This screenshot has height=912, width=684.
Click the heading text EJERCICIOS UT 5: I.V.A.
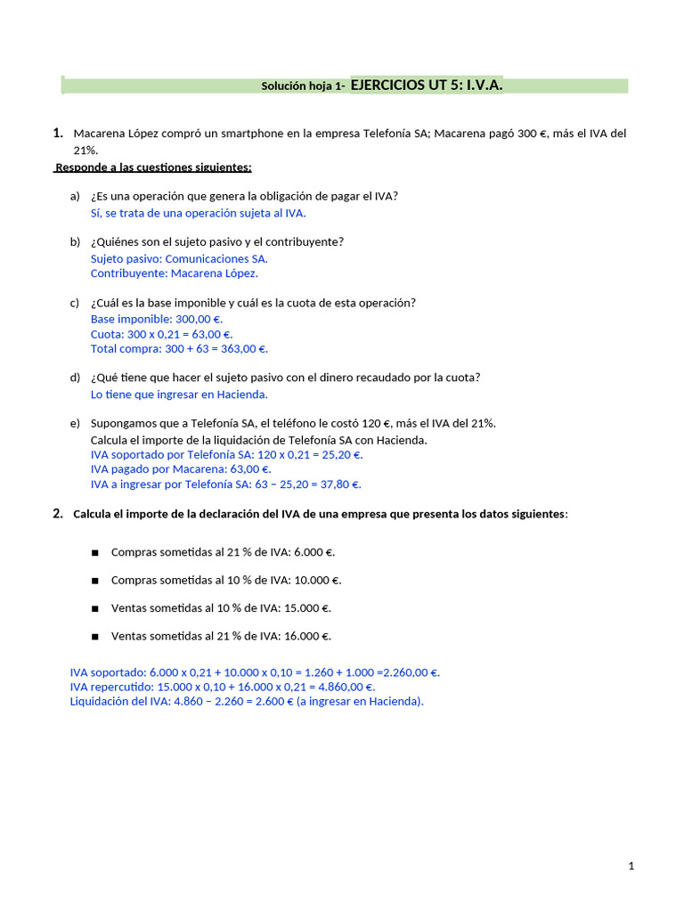pyautogui.click(x=427, y=85)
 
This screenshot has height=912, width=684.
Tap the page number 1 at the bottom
pyautogui.click(x=631, y=866)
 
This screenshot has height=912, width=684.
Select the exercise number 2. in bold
pyautogui.click(x=58, y=513)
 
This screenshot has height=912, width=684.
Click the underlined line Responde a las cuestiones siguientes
pyautogui.click(x=153, y=167)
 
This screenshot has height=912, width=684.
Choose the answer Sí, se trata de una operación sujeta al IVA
pyautogui.click(x=198, y=213)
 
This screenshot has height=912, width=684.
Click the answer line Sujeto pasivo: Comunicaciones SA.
pyautogui.click(x=179, y=258)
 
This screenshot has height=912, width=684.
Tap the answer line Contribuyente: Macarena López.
pyautogui.click(x=175, y=273)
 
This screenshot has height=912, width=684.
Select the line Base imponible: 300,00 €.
pyautogui.click(x=157, y=319)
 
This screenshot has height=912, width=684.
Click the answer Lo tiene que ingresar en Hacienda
pyautogui.click(x=179, y=394)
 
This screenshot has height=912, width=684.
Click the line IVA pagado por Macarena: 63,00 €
pyautogui.click(x=181, y=469)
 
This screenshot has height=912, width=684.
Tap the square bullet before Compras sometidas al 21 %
pyautogui.click(x=94, y=552)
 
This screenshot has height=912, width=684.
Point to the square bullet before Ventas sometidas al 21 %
pyautogui.click(x=94, y=637)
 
